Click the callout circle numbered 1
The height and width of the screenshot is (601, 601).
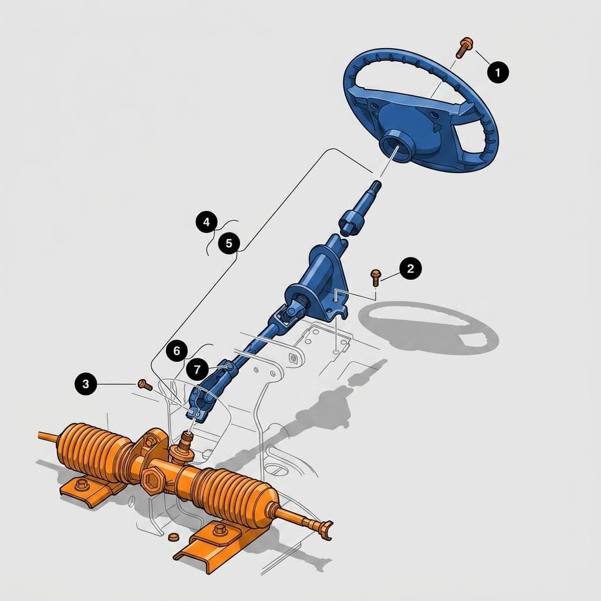coord(498,72)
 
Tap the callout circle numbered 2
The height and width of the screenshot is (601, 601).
coord(410,268)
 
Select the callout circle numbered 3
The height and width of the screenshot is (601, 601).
coord(86,383)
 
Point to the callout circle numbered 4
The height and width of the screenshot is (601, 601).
coord(207,222)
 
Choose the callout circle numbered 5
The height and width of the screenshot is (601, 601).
coord(229,243)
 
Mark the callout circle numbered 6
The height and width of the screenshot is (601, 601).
coord(177,350)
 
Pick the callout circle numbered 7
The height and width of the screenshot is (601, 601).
coord(197,370)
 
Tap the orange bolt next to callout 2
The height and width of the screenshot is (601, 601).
coord(375,277)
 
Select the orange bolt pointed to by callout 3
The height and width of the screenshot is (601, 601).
coord(145,384)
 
